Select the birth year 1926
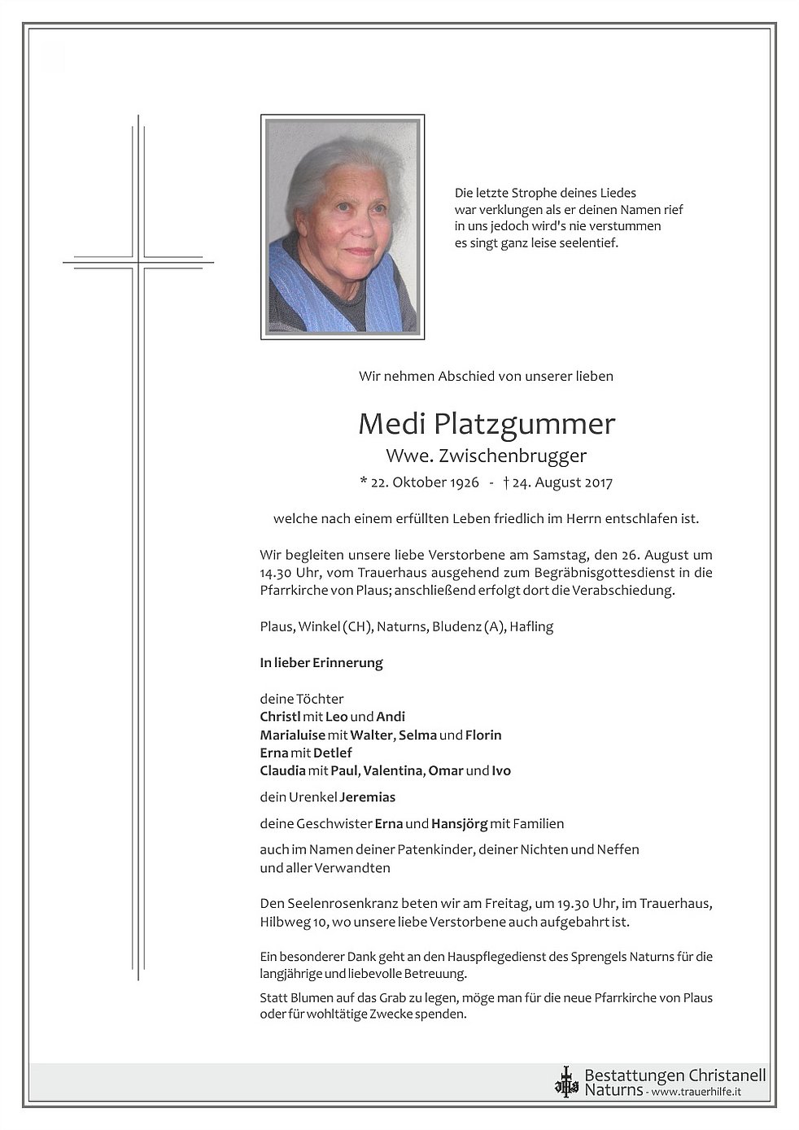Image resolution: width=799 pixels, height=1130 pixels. [462, 482]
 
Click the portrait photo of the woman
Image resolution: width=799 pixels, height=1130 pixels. [342, 227]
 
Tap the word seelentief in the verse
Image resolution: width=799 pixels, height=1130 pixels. [590, 242]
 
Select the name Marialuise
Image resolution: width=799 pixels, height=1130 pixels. [292, 735]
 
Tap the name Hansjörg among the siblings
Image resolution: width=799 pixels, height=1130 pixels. [459, 823]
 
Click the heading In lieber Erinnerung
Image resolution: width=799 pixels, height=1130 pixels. [321, 662]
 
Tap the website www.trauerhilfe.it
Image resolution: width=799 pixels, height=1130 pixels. [696, 1091]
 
